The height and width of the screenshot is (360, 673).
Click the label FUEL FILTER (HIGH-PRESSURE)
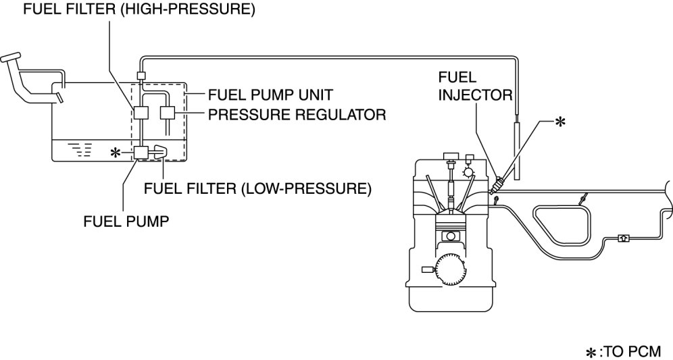(139, 9)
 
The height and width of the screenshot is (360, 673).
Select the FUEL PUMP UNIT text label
(270, 95)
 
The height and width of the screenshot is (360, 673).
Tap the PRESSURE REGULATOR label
(297, 115)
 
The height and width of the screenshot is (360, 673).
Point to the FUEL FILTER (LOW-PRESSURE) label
(257, 188)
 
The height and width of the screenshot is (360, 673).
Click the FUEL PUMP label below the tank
(126, 222)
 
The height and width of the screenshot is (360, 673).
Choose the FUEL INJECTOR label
(475, 86)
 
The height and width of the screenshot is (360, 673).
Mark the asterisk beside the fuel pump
(115, 153)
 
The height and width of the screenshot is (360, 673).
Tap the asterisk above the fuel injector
(560, 122)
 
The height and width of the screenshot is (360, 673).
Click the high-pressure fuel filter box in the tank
(141, 113)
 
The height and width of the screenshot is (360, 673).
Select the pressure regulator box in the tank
(167, 113)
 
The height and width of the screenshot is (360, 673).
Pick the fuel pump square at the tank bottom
(141, 153)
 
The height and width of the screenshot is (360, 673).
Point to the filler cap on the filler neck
(11, 57)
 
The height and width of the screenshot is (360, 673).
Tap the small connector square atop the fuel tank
(141, 76)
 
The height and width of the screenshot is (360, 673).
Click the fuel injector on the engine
(497, 185)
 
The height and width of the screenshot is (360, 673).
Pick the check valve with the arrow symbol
(623, 238)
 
